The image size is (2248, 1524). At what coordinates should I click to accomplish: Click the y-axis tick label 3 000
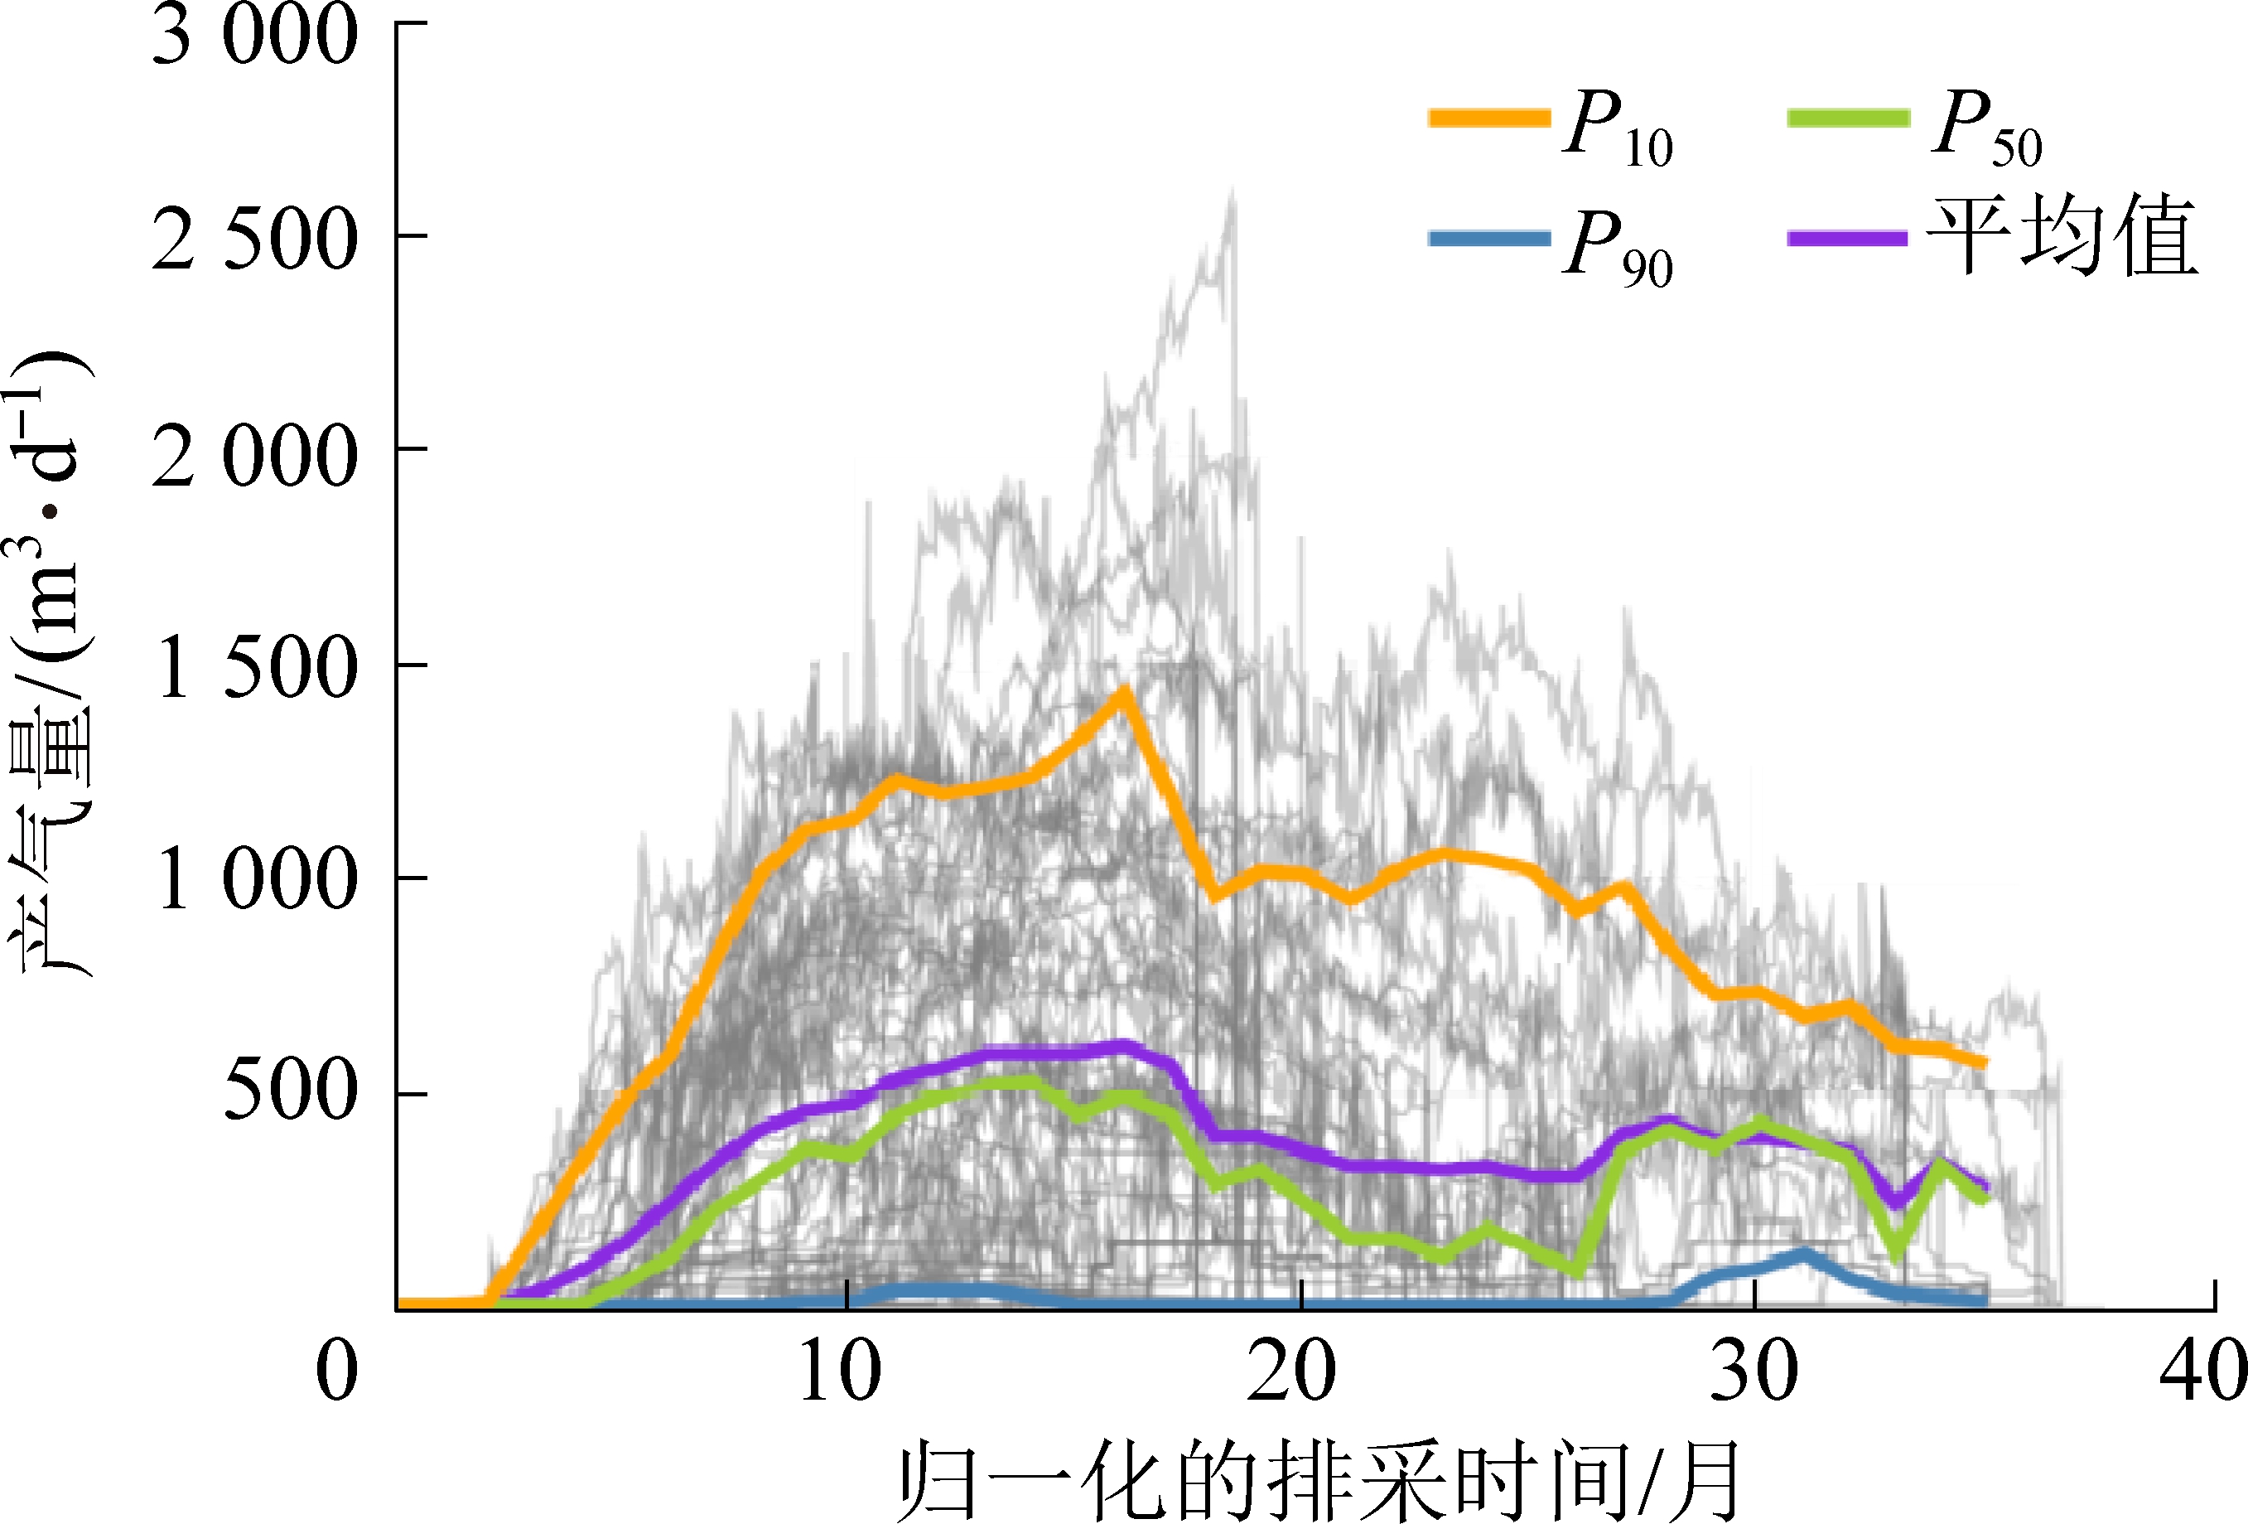point(255,36)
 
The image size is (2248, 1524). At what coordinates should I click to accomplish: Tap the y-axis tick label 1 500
point(255,670)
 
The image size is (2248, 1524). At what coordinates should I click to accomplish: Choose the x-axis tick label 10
point(840,1372)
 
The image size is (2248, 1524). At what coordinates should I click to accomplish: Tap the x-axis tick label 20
point(1291,1372)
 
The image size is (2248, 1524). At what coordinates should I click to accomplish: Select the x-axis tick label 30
point(1754,1372)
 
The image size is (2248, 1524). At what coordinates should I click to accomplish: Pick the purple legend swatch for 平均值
point(1848,239)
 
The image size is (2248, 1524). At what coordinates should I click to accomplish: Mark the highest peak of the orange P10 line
point(1124,693)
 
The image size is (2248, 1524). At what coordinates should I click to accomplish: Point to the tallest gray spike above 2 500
point(1232,194)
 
